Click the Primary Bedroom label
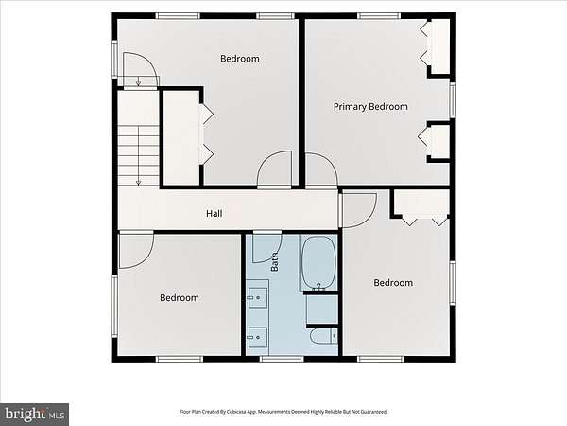tap(370, 107)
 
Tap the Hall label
tap(215, 214)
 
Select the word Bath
tap(275, 262)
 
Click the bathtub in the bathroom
tap(319, 263)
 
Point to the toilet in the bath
tap(323, 336)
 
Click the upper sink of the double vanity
tap(258, 298)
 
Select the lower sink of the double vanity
tap(258, 337)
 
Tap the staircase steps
tap(139, 156)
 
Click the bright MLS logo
tap(34, 415)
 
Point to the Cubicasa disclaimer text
tap(283, 412)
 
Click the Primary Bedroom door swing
tap(322, 169)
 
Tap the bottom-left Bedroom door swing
tap(136, 251)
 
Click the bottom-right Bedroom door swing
tap(359, 210)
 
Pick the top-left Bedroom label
tap(240, 59)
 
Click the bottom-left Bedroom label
tap(180, 298)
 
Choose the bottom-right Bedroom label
tap(393, 283)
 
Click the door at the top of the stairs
tap(141, 70)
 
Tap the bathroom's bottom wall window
tap(282, 359)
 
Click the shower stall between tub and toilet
tap(322, 309)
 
